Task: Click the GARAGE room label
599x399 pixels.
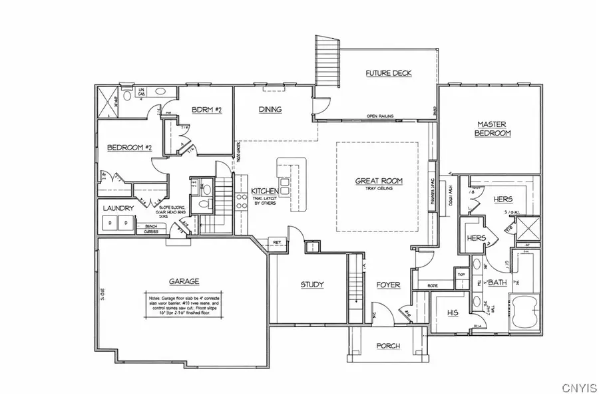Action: (x=184, y=281)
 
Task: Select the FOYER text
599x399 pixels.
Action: (x=388, y=285)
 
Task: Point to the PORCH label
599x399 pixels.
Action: (x=388, y=345)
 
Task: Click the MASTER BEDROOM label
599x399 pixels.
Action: (x=492, y=128)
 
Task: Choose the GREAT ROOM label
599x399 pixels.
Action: (x=377, y=180)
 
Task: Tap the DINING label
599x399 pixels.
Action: (x=270, y=110)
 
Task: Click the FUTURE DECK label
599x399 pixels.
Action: (x=389, y=72)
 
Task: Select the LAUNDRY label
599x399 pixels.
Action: (x=118, y=208)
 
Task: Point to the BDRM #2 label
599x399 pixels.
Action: (x=206, y=110)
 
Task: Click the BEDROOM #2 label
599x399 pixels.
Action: (x=130, y=148)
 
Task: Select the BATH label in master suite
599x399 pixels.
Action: (x=497, y=283)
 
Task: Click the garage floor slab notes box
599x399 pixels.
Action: (x=183, y=306)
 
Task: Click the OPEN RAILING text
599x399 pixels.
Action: (x=380, y=116)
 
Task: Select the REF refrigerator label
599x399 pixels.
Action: (x=276, y=242)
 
